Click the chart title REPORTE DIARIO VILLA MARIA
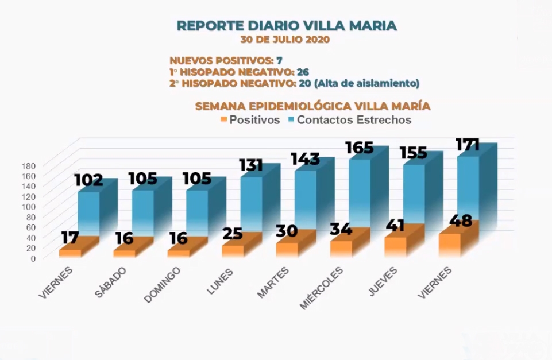pos(286,26)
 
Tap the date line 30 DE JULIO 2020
pos(285,40)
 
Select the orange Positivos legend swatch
pos(224,120)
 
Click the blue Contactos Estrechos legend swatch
pos(291,120)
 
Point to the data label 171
pos(467,144)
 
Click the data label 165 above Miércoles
pos(360,148)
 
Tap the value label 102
pos(89,180)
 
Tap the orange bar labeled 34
pos(341,247)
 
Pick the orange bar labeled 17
pos(70,253)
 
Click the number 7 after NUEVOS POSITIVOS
pos(279,60)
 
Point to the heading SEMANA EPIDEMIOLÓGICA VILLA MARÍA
pos(313,106)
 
